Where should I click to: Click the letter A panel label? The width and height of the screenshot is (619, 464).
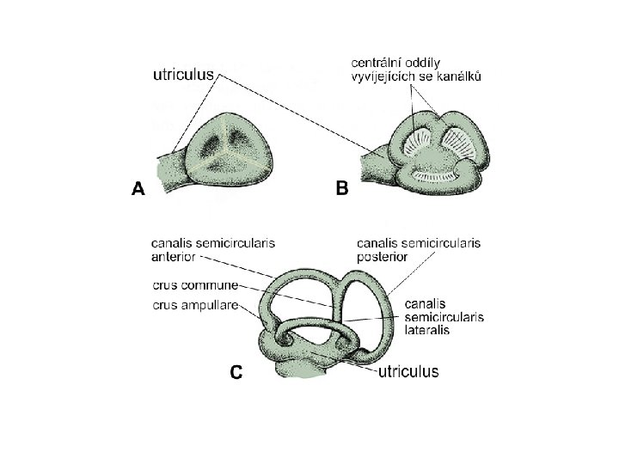[138, 189]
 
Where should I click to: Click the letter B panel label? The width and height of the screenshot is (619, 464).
[342, 189]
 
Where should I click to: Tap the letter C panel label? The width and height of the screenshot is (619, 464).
[236, 372]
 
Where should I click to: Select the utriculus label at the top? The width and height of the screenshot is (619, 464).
[184, 76]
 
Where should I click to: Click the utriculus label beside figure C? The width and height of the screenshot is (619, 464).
[408, 372]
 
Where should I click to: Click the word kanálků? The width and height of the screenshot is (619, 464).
[460, 76]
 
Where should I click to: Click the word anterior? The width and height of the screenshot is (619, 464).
[175, 255]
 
